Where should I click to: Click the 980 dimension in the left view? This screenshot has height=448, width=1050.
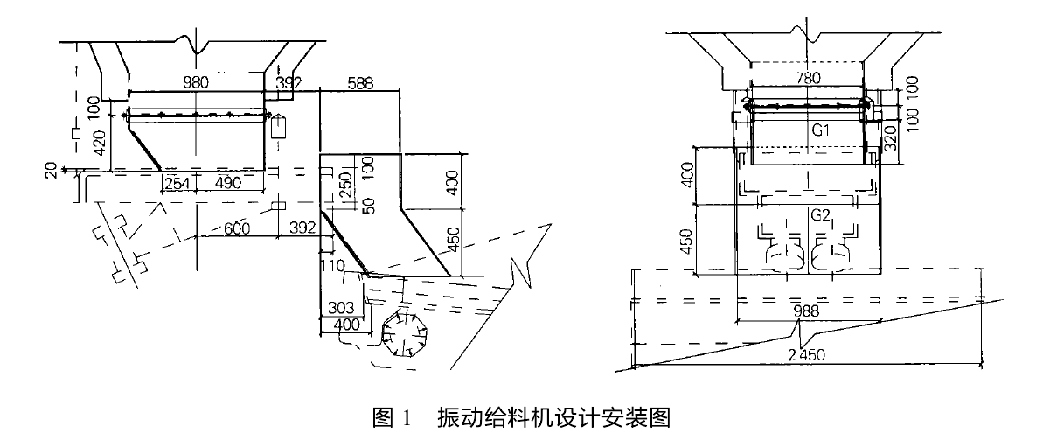coord(197,82)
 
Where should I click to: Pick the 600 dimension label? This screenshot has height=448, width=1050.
coord(236,228)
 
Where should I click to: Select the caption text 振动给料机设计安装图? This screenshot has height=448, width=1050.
coord(553,418)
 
